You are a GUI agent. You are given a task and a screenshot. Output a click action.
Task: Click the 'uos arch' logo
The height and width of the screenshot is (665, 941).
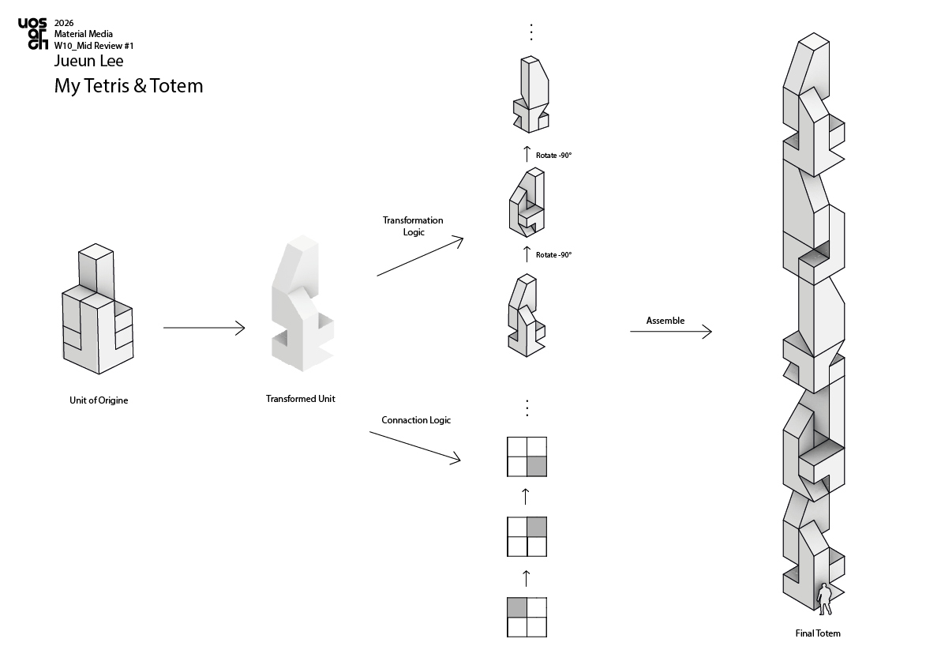pos(32,34)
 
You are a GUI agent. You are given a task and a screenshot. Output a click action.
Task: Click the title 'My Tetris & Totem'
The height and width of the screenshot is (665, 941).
pos(129,86)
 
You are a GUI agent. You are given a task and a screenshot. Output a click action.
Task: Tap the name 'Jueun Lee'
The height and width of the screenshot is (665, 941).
pos(89,61)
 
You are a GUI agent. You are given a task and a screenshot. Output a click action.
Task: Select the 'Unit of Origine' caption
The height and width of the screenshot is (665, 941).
pos(99,400)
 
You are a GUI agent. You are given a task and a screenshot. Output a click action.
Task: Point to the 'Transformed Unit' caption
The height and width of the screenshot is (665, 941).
pos(301,399)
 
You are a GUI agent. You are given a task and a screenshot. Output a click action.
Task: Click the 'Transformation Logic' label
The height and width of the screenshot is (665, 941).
pos(413,226)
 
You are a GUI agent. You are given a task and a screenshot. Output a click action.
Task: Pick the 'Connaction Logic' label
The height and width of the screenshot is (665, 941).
pos(416,420)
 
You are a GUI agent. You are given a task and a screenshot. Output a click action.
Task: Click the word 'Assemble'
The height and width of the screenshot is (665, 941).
pos(665,321)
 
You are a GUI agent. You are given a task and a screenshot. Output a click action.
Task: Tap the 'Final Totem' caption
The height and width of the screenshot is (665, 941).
pos(818,633)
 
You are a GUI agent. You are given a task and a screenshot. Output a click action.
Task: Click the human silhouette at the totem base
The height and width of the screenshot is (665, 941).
pos(825,599)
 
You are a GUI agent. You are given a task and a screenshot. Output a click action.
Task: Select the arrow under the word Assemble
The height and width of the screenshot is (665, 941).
pos(671,331)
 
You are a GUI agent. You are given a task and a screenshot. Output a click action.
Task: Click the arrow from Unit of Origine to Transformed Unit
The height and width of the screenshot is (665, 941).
pos(204,328)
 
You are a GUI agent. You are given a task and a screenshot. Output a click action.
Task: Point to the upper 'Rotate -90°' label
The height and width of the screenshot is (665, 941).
pos(553,156)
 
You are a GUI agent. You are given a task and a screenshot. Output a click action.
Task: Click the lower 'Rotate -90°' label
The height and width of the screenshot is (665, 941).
pos(553,255)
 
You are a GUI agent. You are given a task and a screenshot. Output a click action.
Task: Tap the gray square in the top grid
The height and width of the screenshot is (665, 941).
pos(537,466)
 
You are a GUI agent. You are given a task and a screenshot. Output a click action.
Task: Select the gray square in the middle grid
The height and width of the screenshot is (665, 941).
pos(537,527)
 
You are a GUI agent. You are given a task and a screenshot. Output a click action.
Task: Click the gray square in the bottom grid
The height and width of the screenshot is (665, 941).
pos(517,607)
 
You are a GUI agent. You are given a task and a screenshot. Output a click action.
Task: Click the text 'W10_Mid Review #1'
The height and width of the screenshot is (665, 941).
pos(94,46)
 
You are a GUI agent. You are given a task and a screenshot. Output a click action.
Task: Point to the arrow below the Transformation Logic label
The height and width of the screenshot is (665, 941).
pos(420,257)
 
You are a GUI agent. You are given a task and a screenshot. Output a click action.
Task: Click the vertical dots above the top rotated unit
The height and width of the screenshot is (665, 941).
pos(531,32)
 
